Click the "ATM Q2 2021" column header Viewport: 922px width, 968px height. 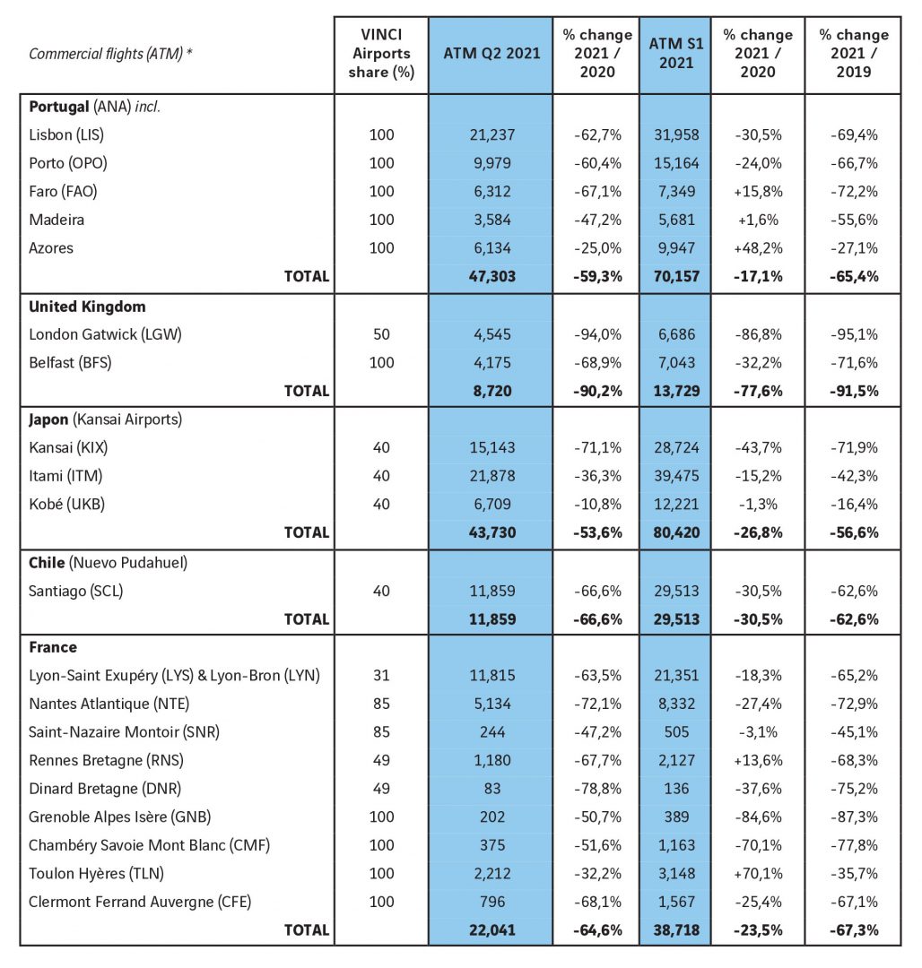point(491,53)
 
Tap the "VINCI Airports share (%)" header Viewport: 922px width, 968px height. point(381,53)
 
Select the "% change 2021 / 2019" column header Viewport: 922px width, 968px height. point(854,53)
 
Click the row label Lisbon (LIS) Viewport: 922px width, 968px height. point(66,134)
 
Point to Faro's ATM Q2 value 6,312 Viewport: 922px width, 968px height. point(492,192)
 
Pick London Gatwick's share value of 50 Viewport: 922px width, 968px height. point(381,334)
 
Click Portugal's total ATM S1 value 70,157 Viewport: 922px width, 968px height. point(676,276)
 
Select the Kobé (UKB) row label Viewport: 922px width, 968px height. point(66,504)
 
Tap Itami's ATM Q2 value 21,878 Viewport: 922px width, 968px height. point(492,475)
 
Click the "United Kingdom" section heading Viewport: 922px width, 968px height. point(87,307)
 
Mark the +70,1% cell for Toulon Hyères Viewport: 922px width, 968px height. point(758,873)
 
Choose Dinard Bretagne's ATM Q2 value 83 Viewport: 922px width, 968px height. point(492,789)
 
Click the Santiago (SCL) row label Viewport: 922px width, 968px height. point(76,591)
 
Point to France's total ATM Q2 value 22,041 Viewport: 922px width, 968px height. point(492,929)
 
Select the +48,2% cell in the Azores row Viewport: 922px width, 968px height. point(758,247)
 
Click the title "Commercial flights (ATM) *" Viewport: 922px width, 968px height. point(110,54)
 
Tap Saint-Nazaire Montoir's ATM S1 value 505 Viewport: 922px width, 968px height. point(676,731)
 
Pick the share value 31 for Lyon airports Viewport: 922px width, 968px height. point(381,675)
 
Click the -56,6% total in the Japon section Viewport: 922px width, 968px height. point(854,532)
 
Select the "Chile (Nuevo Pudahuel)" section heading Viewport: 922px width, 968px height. point(108,562)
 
